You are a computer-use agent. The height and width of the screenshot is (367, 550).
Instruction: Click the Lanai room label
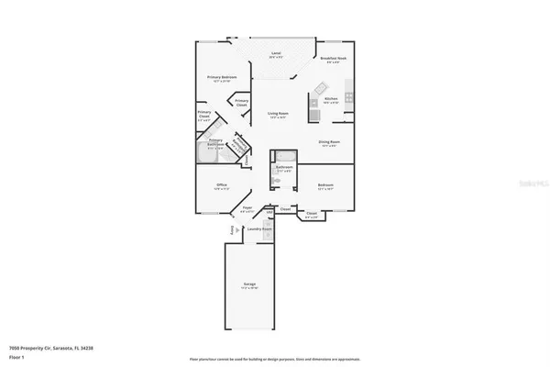pos(275,55)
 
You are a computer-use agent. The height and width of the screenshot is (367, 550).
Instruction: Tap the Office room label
pos(221,186)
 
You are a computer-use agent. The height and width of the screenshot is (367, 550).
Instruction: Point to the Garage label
pos(249,285)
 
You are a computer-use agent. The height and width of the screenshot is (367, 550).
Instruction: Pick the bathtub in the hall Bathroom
pos(285,155)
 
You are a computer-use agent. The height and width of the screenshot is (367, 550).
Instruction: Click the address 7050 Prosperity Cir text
pos(54,349)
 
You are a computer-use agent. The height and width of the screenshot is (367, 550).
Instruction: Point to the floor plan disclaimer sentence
pos(275,358)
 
